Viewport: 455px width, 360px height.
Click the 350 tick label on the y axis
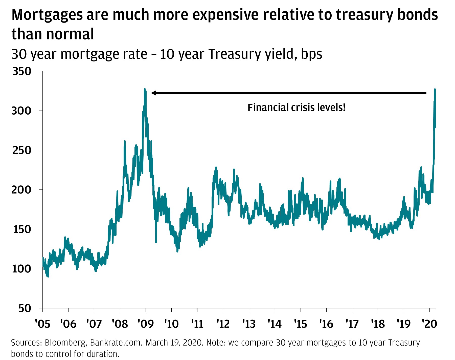click(x=22, y=71)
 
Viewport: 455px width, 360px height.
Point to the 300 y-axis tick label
click(x=22, y=111)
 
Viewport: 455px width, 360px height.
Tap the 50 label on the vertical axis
click(x=25, y=308)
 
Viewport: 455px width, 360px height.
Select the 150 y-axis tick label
click(x=22, y=229)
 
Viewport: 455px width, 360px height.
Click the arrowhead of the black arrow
click(x=153, y=93)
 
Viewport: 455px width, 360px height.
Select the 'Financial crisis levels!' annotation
click(x=296, y=108)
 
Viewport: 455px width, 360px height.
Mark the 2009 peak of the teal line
click(x=145, y=89)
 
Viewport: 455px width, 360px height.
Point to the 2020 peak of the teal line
click(x=435, y=89)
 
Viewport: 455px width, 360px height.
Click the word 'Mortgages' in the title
click(x=47, y=15)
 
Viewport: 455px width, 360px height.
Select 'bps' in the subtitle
click(x=311, y=54)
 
